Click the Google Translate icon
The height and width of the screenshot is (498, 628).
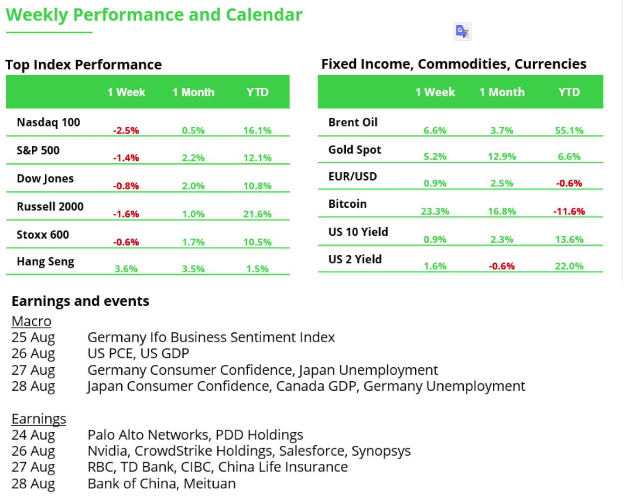462,31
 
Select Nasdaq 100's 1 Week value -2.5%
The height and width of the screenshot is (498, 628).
126,130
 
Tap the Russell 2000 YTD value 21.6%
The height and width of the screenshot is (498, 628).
258,214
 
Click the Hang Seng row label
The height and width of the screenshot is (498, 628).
46,261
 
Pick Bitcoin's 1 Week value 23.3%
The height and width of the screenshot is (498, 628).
435,211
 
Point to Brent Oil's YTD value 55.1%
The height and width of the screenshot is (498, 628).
569,130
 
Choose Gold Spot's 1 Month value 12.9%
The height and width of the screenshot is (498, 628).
502,156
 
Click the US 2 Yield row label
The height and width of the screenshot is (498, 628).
355,259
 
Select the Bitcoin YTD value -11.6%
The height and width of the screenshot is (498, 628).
569,211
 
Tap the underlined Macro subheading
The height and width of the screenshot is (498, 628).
32,322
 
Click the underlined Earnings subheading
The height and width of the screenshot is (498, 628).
39,419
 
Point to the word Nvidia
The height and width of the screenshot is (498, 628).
108,451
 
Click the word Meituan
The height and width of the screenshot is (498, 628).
209,484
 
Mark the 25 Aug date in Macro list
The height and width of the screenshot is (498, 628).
33,337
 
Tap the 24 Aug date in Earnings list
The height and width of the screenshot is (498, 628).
33,435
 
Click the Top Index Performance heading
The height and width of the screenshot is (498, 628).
84,65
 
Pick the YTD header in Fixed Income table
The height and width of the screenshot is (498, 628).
569,92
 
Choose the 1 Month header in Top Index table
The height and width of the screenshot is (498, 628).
194,92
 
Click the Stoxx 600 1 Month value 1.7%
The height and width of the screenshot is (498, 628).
193,242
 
